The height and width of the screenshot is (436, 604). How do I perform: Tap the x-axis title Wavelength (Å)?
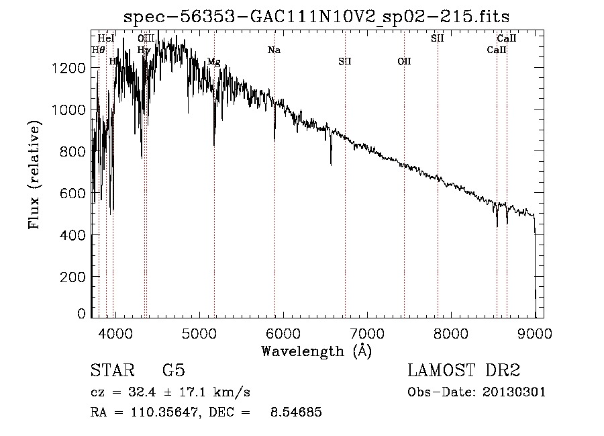(316, 351)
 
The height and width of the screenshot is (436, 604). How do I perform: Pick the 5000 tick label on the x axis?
(199, 332)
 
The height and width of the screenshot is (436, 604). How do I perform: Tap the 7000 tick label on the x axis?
(367, 332)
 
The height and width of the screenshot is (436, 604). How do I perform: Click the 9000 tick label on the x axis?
(535, 332)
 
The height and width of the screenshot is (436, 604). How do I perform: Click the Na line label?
(274, 50)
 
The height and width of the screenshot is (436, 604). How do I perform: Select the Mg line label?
(213, 62)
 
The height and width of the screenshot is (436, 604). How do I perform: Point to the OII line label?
(404, 61)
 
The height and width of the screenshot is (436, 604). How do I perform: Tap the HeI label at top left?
(106, 38)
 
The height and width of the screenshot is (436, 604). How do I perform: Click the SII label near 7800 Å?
(437, 38)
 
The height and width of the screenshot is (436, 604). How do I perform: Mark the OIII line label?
(146, 38)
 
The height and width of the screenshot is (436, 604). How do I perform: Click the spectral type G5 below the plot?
(173, 371)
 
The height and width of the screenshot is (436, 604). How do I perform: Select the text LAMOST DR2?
(464, 371)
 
